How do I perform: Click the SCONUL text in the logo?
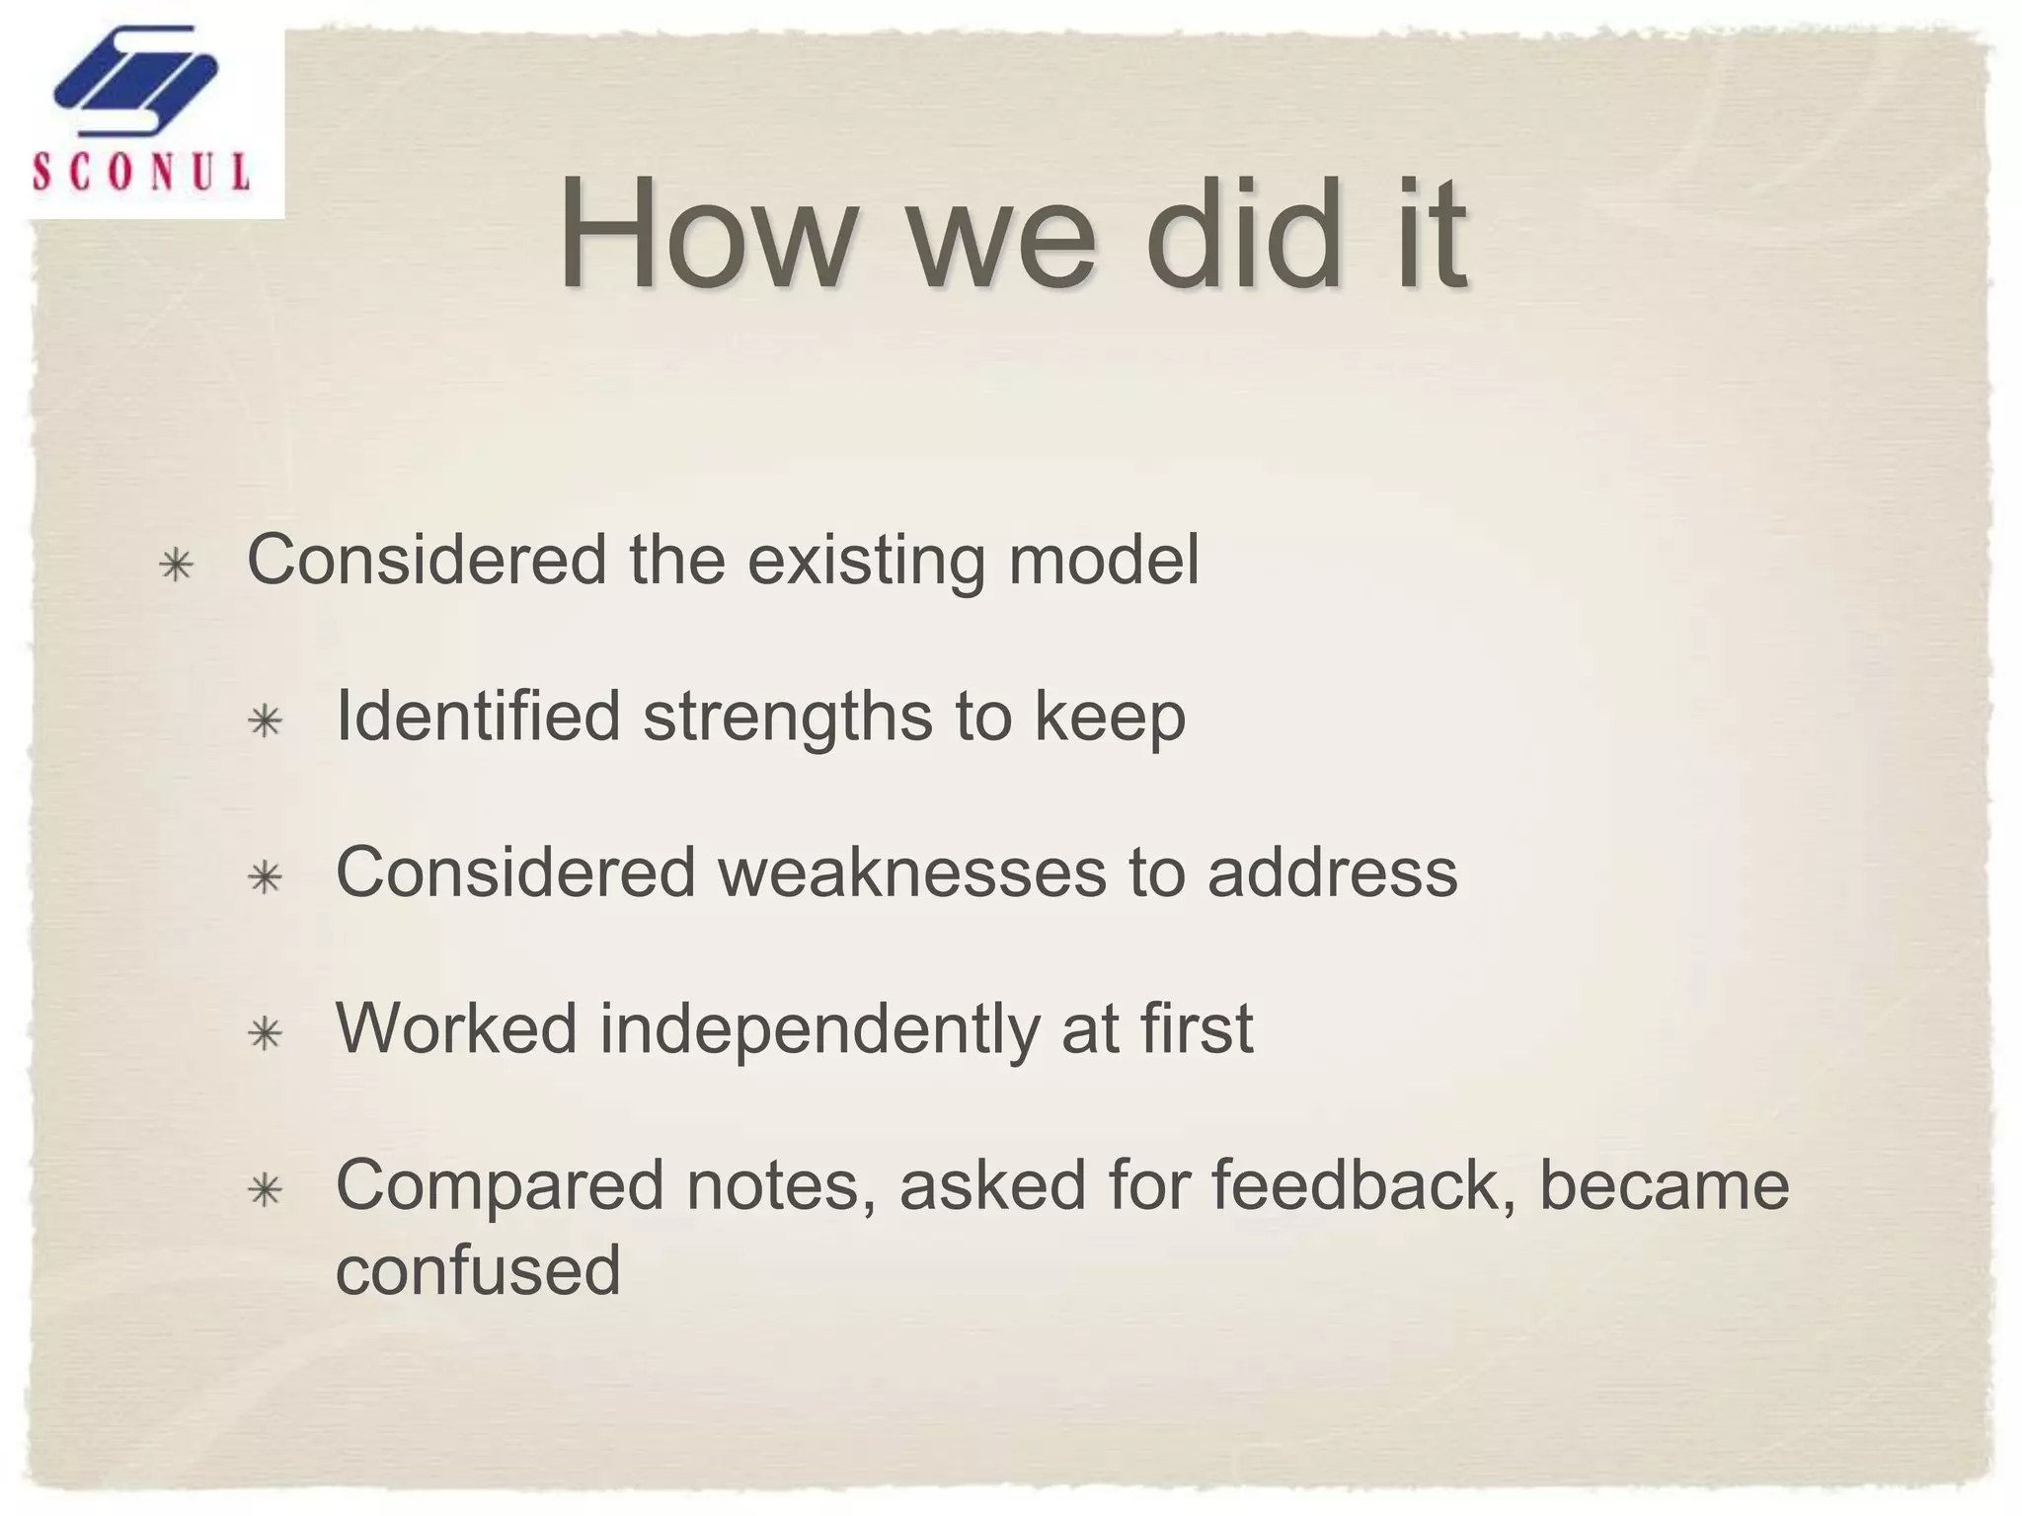tap(141, 173)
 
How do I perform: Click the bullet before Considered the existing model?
tap(176, 566)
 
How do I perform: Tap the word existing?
tap(866, 561)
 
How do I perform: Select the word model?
tap(1103, 560)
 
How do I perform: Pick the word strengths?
tap(787, 718)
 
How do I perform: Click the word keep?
tap(1110, 718)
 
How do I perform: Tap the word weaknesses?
tap(911, 872)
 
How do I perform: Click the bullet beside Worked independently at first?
tap(266, 1035)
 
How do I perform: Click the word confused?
tap(478, 1269)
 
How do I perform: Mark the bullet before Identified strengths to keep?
tap(266, 722)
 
